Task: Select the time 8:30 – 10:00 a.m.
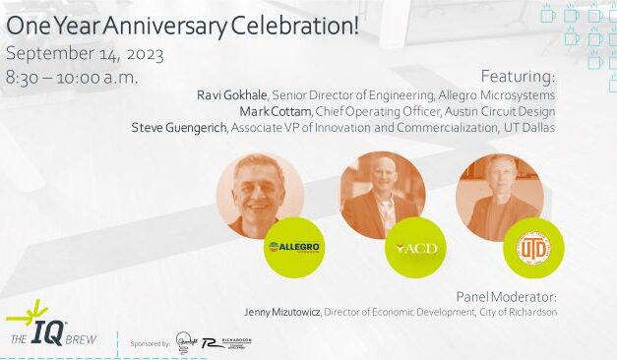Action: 72,77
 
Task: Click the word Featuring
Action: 518,76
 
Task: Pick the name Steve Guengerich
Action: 179,128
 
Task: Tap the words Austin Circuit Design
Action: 510,111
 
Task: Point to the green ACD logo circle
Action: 414,248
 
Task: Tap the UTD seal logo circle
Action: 532,248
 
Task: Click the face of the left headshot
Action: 258,186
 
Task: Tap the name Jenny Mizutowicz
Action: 281,312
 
